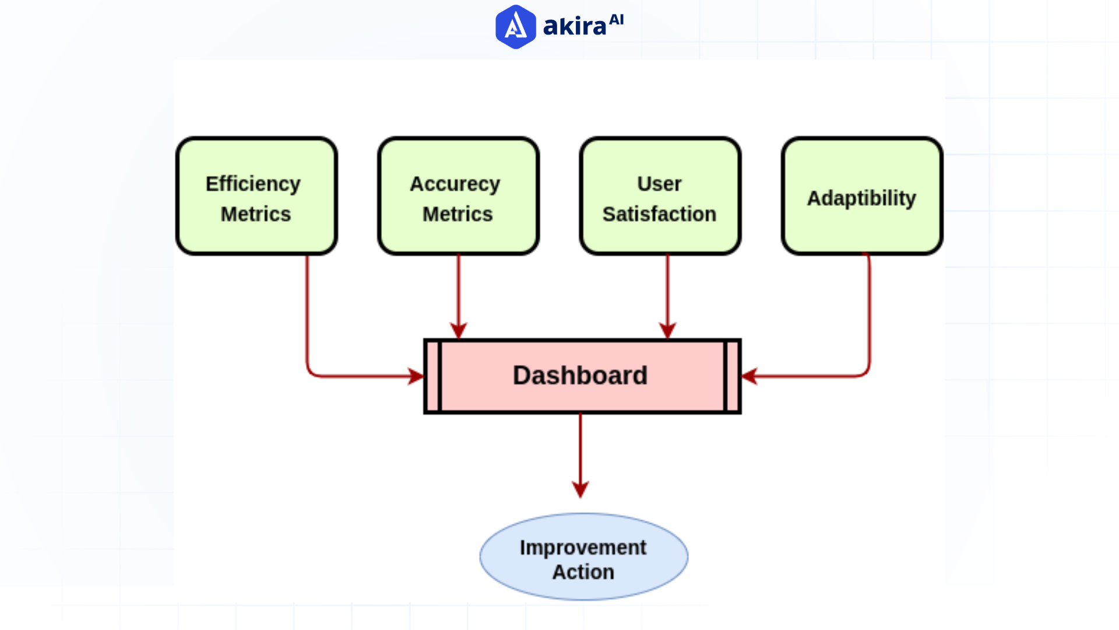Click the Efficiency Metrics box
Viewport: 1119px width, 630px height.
pyautogui.click(x=256, y=197)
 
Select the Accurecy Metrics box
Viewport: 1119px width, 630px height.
pyautogui.click(x=458, y=197)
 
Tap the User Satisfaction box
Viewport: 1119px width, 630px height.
pyautogui.click(x=660, y=197)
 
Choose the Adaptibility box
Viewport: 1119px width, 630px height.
pyautogui.click(x=861, y=197)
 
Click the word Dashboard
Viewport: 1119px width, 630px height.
pyautogui.click(x=580, y=376)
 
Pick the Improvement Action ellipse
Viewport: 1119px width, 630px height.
pyautogui.click(x=583, y=557)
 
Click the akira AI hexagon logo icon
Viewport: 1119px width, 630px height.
pyautogui.click(x=515, y=27)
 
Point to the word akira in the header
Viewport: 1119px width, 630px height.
pyautogui.click(x=575, y=27)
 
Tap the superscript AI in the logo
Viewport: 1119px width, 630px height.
pyautogui.click(x=616, y=20)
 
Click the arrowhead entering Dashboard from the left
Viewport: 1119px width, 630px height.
pyautogui.click(x=416, y=376)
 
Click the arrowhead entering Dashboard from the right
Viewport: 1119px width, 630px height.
pyautogui.click(x=749, y=376)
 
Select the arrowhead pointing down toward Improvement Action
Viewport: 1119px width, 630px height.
pyautogui.click(x=580, y=489)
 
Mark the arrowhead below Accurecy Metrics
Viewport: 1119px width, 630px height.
pyautogui.click(x=459, y=331)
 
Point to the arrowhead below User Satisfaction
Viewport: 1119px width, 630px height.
pyautogui.click(x=667, y=331)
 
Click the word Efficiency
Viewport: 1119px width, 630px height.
pyautogui.click(x=253, y=184)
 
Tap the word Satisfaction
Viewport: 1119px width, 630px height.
pyautogui.click(x=659, y=214)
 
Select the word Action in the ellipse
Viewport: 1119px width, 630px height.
pyautogui.click(x=583, y=572)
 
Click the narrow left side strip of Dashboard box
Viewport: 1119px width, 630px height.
pyautogui.click(x=432, y=376)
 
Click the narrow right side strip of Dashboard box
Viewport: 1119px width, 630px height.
pyautogui.click(x=733, y=376)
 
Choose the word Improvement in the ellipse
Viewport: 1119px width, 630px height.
pyautogui.click(x=583, y=548)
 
